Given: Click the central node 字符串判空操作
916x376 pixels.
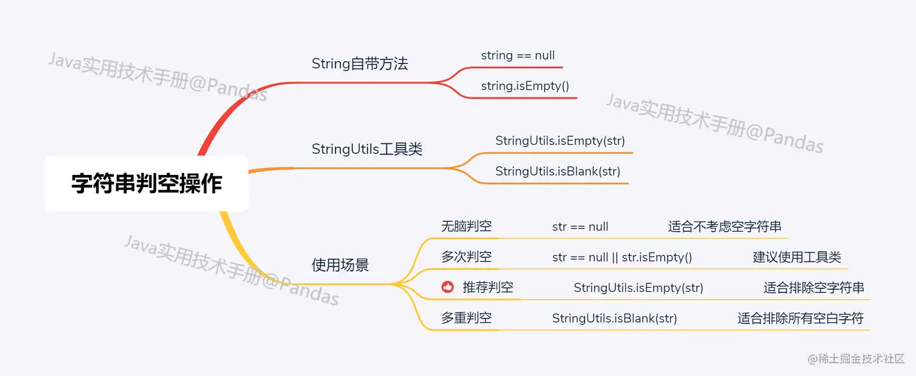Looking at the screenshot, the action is click(147, 183).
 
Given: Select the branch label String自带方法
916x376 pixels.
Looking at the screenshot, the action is click(360, 64).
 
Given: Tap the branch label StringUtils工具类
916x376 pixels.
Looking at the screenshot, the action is click(367, 149).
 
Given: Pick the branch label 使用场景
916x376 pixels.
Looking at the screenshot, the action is click(340, 265).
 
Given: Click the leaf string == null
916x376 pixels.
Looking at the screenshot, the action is click(518, 55).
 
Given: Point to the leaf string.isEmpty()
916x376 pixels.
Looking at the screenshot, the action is click(525, 85).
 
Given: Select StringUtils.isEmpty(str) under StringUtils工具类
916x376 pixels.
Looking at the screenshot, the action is click(560, 140).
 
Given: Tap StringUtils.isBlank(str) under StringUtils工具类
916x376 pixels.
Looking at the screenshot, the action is click(558, 171).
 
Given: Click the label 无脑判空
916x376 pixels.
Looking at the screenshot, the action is click(466, 226).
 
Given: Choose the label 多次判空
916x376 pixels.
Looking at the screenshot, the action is click(466, 257).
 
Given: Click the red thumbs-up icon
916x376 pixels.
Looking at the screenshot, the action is click(448, 287).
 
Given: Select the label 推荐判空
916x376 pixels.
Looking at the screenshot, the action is click(488, 287).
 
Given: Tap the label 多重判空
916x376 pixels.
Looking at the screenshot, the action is click(466, 317).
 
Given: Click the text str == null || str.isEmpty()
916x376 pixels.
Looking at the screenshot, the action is click(622, 257).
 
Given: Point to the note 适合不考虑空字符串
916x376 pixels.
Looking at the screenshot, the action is click(725, 226).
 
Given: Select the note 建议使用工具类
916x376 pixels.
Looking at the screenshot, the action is click(797, 257).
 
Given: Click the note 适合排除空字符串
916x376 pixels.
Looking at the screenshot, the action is click(814, 287).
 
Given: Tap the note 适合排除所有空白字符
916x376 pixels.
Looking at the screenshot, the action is click(800, 317).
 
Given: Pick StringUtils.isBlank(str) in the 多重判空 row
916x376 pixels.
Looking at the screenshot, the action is click(614, 317).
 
